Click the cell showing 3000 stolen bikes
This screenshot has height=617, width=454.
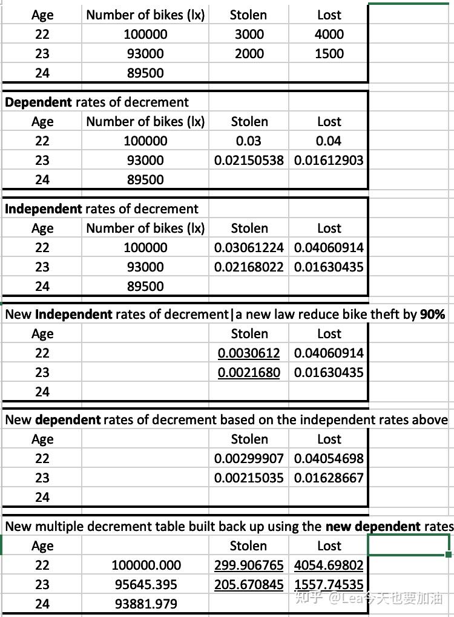pyautogui.click(x=249, y=35)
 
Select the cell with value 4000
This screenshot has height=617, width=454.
pyautogui.click(x=329, y=35)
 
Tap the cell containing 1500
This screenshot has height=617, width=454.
pyautogui.click(x=329, y=54)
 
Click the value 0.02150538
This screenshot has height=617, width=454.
pyautogui.click(x=249, y=161)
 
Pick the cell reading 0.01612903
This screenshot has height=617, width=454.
pyautogui.click(x=329, y=161)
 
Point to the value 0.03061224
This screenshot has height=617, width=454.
pyautogui.click(x=249, y=248)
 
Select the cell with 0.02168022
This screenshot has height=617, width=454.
pyautogui.click(x=249, y=267)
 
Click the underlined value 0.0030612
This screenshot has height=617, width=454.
pyautogui.click(x=249, y=353)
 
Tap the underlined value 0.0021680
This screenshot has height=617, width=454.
pyautogui.click(x=249, y=373)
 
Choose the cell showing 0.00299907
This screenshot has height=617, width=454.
pyautogui.click(x=249, y=459)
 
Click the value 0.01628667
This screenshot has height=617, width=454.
pyautogui.click(x=329, y=478)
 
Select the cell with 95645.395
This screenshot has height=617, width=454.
pyautogui.click(x=146, y=585)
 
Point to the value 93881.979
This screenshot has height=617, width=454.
pyautogui.click(x=146, y=604)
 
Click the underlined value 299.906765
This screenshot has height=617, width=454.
pyautogui.click(x=249, y=565)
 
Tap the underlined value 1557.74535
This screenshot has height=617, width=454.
pyautogui.click(x=329, y=585)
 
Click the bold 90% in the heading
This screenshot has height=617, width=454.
pyautogui.click(x=432, y=315)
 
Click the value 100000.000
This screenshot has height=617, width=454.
pyautogui.click(x=146, y=565)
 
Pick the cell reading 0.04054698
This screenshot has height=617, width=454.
pyautogui.click(x=329, y=459)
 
